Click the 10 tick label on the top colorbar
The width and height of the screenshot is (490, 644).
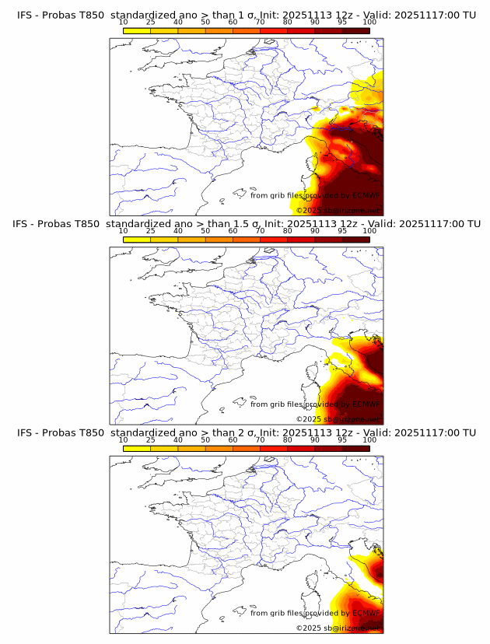(x=123, y=22)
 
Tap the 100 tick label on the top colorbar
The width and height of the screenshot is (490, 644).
(x=369, y=22)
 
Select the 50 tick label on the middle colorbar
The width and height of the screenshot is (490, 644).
(x=205, y=231)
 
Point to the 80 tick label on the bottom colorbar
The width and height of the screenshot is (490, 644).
(x=288, y=439)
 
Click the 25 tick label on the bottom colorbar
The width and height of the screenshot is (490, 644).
(x=150, y=439)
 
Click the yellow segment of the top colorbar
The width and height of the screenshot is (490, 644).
(x=136, y=30)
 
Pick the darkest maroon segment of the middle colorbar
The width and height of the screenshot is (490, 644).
(x=356, y=239)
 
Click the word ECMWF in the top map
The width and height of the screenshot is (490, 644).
(x=366, y=195)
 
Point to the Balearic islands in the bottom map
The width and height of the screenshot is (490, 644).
(x=240, y=612)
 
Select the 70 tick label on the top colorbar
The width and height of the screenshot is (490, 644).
(x=260, y=22)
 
